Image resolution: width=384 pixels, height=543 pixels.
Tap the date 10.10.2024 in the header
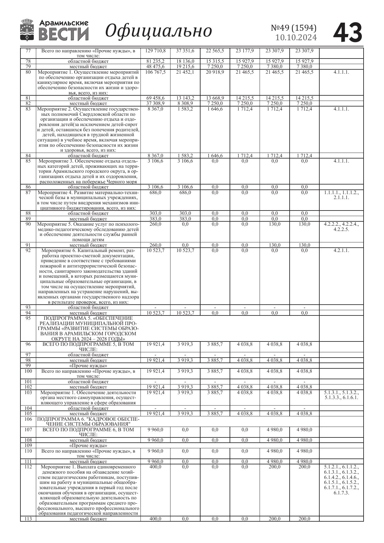pyautogui.click(x=296, y=38)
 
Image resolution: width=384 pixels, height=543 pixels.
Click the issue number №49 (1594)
pyautogui.click(x=294, y=28)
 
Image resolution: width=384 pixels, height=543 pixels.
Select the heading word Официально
pyautogui.click(x=158, y=31)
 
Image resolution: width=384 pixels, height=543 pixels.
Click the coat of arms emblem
pyautogui.click(x=27, y=30)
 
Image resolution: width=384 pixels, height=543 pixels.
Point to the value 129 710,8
pyautogui.click(x=155, y=51)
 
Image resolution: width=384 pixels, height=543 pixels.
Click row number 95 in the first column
pyautogui.click(x=28, y=318)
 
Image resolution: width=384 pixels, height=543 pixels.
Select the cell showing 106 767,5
pyautogui.click(x=155, y=72)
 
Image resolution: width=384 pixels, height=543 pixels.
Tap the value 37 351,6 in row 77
pyautogui.click(x=185, y=51)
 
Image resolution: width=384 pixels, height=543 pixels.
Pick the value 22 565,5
pyautogui.click(x=215, y=51)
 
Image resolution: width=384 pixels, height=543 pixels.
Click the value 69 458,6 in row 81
pyautogui.click(x=155, y=98)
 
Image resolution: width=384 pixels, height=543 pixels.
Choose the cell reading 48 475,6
pyautogui.click(x=155, y=67)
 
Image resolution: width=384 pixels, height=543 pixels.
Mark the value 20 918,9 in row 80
pyautogui.click(x=215, y=72)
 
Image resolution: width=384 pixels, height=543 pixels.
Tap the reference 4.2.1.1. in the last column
pyautogui.click(x=341, y=250)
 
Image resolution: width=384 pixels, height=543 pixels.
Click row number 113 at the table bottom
pyautogui.click(x=28, y=519)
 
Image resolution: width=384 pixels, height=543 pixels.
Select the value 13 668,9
pyautogui.click(x=215, y=98)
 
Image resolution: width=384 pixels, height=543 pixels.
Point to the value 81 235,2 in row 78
pyautogui.click(x=155, y=61)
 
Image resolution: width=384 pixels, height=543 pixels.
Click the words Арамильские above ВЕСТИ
pyautogui.click(x=64, y=23)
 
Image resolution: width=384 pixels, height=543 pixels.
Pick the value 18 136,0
pyautogui.click(x=185, y=61)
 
